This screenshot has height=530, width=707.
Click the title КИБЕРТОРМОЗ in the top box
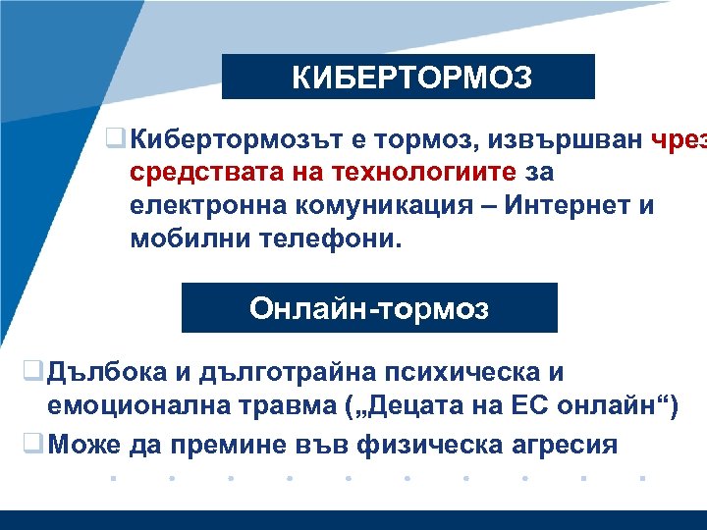[410, 78]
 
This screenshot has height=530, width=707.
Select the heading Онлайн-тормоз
[368, 309]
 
